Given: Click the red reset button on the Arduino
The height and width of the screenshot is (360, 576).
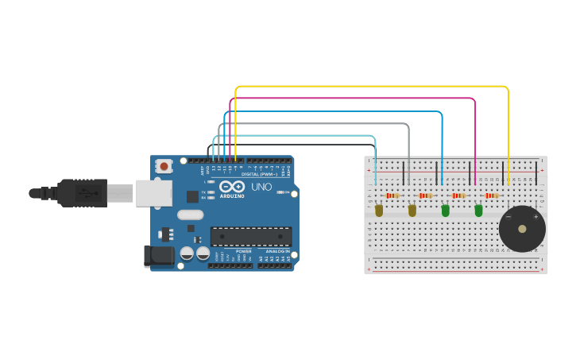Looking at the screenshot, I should pos(164,166).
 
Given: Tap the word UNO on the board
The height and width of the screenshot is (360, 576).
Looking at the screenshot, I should pos(261,188).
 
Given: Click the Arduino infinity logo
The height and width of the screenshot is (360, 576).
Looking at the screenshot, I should pos(231,187).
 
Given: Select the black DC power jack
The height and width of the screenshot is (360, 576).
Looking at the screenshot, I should pos(157,255).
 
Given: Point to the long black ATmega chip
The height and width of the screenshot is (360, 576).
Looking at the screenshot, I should pos(250,236).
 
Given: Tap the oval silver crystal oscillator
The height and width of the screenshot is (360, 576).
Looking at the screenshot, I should pos(191,215).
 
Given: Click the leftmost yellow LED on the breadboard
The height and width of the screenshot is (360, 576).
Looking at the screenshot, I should pos(378,211).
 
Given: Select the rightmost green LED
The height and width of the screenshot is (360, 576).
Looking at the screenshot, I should pos(478,211).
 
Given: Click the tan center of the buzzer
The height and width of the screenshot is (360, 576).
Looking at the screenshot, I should pos(522,229).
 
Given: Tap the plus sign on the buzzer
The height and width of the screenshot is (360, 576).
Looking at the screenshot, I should pos(535,217).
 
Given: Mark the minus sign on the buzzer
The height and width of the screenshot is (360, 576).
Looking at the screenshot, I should pos(508,217).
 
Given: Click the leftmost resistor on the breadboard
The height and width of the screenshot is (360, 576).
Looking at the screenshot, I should pos(392,195).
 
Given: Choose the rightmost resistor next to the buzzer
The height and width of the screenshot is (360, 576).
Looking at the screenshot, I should pos(492,195).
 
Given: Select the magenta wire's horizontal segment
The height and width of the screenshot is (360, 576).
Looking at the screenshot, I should pos(353,99).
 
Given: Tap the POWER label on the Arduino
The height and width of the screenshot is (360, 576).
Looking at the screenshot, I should pos(243,250).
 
